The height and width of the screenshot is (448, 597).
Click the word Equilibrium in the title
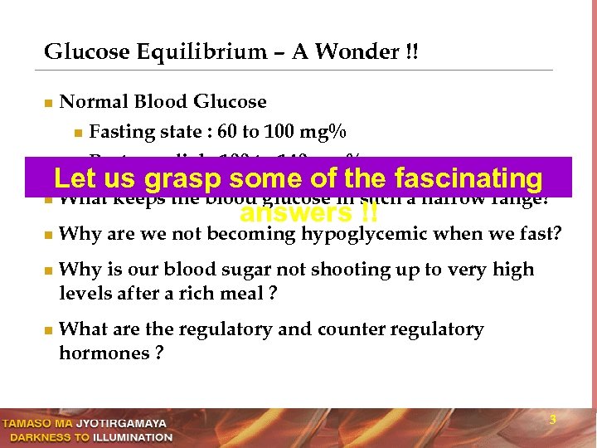(x=186, y=52)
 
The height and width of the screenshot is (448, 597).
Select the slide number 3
(x=553, y=421)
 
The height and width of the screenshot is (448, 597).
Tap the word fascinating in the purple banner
(x=468, y=178)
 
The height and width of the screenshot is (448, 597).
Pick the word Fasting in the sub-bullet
(x=115, y=132)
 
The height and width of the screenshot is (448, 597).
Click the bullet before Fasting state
(x=77, y=133)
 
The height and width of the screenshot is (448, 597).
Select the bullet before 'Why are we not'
(x=48, y=235)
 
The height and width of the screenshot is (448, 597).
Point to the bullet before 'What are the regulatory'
(x=48, y=330)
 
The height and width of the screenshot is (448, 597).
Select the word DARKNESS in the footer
(x=37, y=437)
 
